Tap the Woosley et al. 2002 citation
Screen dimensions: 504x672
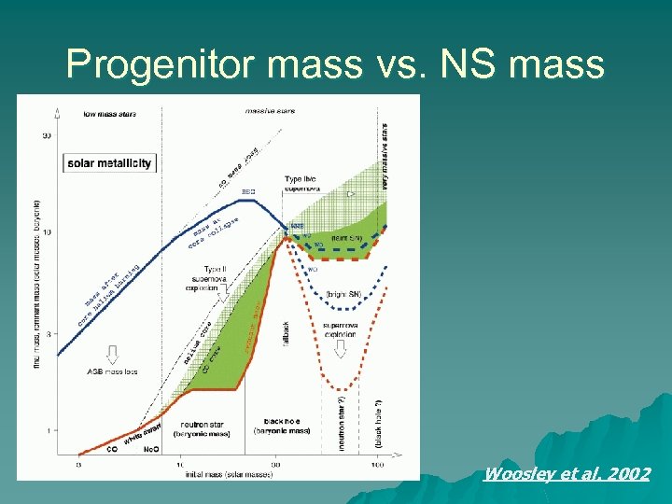tap(567, 474)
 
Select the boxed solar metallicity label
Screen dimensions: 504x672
tap(109, 163)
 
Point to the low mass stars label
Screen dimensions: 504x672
tap(110, 115)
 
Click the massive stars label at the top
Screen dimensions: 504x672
tap(270, 111)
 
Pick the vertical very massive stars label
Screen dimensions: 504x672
tap(385, 154)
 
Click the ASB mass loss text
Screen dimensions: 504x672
tap(112, 371)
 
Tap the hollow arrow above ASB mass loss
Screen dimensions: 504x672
tap(112, 354)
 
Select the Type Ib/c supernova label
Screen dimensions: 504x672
tap(305, 182)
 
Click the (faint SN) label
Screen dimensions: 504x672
tap(346, 239)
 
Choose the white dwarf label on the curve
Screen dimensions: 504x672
tap(142, 433)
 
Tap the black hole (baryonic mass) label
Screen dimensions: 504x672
tap(282, 427)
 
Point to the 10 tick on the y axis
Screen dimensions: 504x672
tap(47, 232)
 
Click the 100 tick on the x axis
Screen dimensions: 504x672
tap(376, 464)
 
